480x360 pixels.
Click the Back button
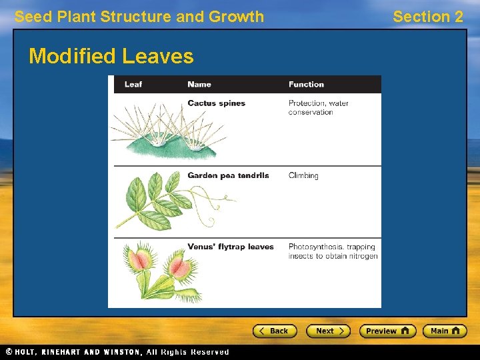tap(274, 331)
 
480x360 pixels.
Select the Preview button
tap(387, 331)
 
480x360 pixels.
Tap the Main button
tap(445, 331)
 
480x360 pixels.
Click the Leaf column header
tap(133, 85)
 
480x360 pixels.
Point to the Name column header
tap(199, 85)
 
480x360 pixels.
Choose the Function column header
tap(306, 85)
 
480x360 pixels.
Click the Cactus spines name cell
tap(216, 103)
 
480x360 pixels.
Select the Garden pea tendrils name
tap(228, 175)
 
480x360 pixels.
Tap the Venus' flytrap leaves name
tap(231, 247)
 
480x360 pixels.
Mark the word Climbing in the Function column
tap(303, 175)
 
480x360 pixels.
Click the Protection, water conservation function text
tap(318, 107)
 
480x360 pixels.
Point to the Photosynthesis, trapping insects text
tap(333, 251)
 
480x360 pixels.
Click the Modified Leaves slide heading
tap(111, 56)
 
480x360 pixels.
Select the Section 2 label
tap(427, 17)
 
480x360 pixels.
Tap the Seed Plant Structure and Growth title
tap(139, 17)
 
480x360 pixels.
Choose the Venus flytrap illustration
tap(160, 270)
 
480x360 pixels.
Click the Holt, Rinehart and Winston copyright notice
tap(117, 352)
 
